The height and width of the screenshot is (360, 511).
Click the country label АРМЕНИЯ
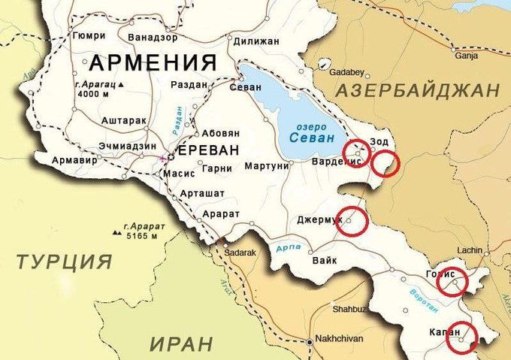(153, 62)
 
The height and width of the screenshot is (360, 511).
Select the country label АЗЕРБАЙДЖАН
(418, 91)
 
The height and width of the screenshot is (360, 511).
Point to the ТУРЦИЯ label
(65, 262)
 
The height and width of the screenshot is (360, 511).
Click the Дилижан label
(258, 41)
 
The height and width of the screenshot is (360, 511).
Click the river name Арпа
(288, 248)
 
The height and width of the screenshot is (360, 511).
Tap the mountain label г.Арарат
(141, 225)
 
